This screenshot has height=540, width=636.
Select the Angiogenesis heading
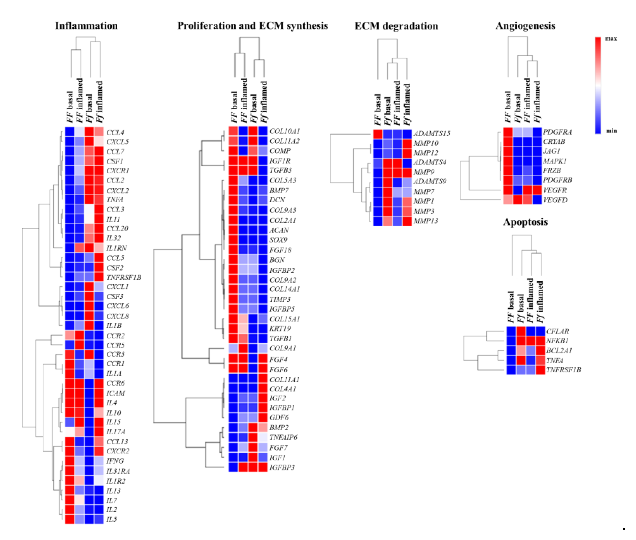[x=525, y=26]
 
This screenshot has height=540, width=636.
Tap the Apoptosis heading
[x=525, y=222]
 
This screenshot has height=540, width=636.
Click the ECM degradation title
[x=396, y=26]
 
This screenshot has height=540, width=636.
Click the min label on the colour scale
[x=611, y=131]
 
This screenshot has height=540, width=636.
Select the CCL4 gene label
[x=115, y=132]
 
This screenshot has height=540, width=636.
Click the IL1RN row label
[x=116, y=248]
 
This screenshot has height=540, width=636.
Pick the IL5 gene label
[x=111, y=519]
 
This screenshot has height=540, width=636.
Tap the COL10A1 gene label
[x=284, y=131]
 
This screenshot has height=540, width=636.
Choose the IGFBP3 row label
[x=281, y=467]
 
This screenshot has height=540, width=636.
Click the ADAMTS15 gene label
[x=431, y=134]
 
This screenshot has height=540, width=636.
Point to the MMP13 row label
[x=425, y=221]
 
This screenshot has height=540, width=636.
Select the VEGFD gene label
[x=555, y=200]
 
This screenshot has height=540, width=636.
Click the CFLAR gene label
[x=557, y=331]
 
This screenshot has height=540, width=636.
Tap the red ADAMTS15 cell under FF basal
[x=377, y=134]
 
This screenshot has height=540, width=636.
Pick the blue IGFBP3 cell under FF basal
[x=233, y=467]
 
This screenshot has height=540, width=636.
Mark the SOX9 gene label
[x=278, y=240]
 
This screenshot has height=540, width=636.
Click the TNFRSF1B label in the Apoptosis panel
[x=563, y=370]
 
